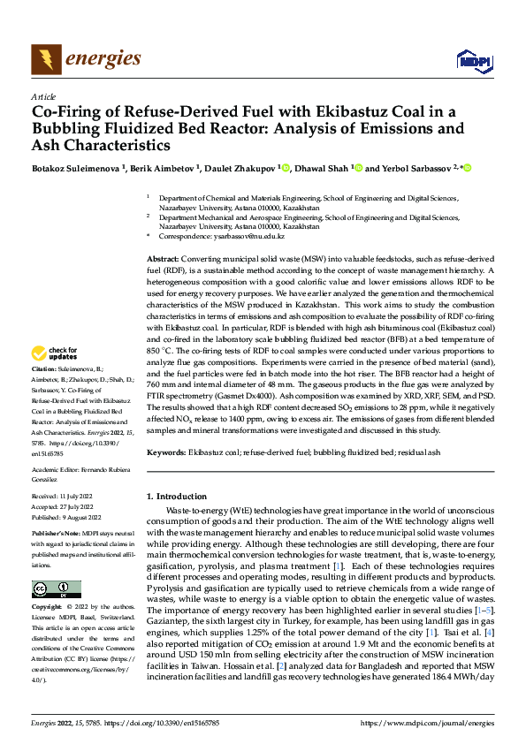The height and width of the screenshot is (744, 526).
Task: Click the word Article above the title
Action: (43, 96)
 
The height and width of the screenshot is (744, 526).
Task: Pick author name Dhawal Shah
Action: (317, 168)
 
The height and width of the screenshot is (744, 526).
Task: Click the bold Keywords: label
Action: (166, 452)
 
